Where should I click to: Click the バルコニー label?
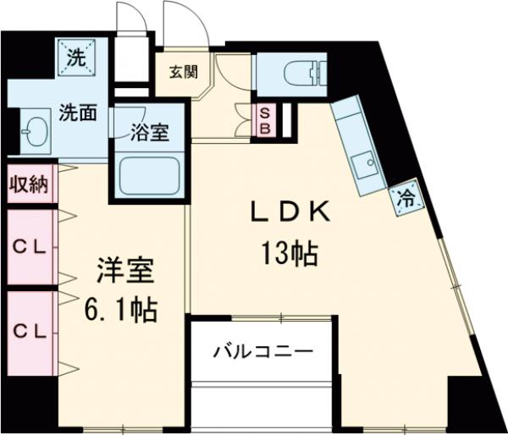click(263, 350)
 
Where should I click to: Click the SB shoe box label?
click(265, 118)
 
